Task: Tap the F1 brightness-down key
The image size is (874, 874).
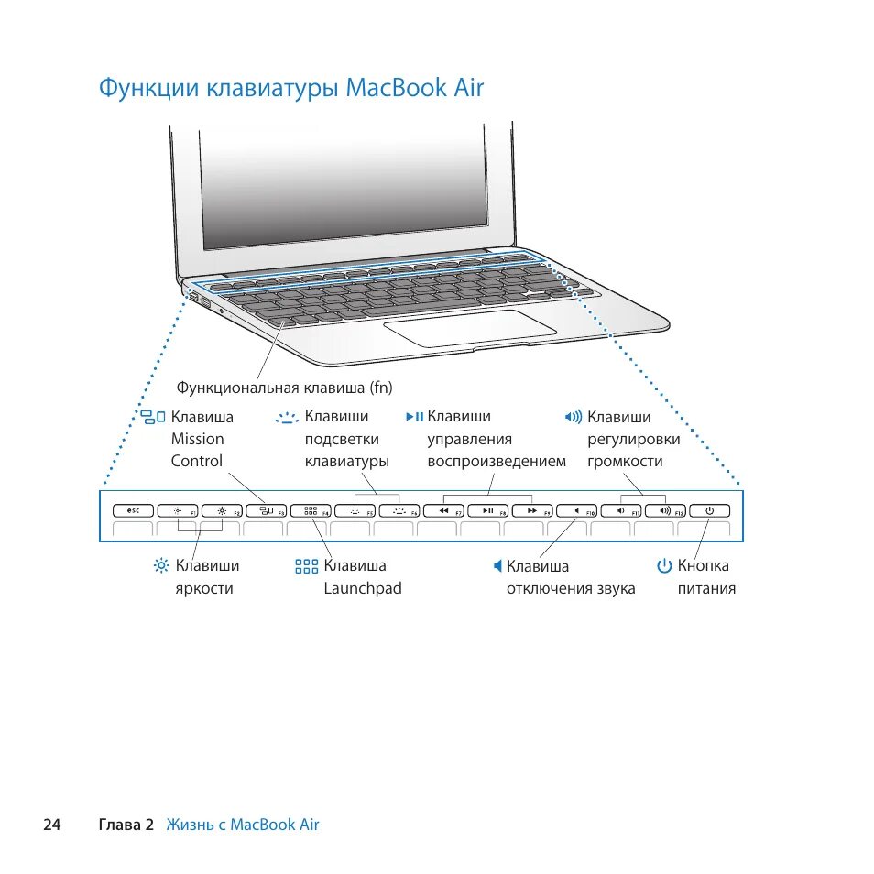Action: pos(179,511)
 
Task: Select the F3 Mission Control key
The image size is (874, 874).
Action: pos(267,511)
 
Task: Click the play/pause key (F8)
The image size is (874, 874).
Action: pos(487,511)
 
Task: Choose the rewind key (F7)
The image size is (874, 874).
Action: pos(443,511)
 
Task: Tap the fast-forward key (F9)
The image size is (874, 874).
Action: pos(531,511)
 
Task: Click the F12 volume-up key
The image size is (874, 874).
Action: pos(664,511)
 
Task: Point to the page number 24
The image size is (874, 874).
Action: pos(51,825)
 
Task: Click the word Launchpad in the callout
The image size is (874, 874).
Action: pos(363,588)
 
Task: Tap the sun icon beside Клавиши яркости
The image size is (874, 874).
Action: pos(161,566)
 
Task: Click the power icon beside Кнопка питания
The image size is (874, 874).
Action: pos(664,566)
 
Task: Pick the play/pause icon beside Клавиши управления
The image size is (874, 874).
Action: pos(414,417)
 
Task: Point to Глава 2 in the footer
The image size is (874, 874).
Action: pos(126,825)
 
